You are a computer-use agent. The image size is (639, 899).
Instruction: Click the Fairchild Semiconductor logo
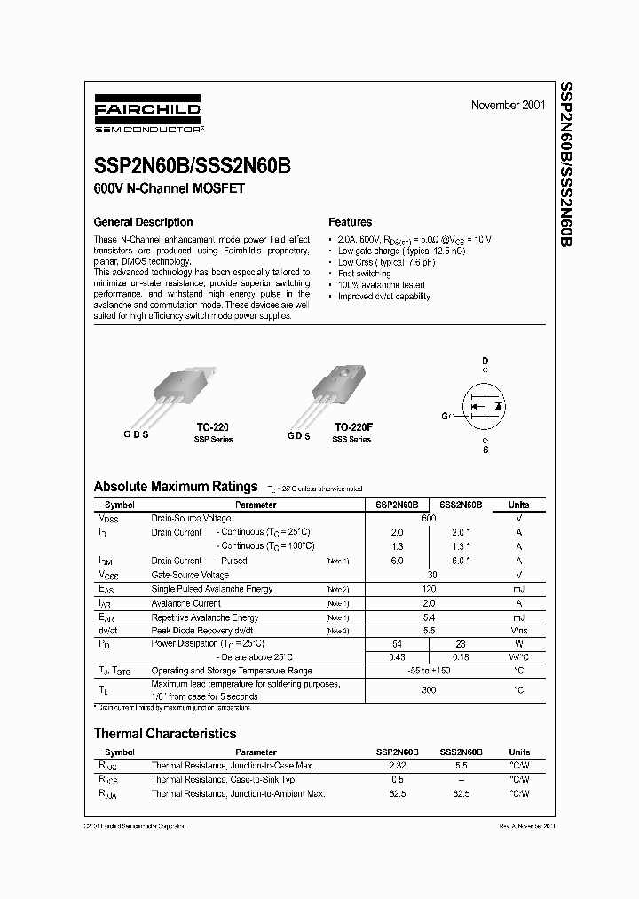tap(148, 116)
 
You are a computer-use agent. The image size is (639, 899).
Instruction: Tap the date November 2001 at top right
tap(508, 106)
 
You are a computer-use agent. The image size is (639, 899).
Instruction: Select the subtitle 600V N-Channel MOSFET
tap(169, 188)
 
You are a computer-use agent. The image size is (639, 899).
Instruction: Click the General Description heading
tap(143, 222)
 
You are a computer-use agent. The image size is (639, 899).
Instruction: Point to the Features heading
tap(350, 222)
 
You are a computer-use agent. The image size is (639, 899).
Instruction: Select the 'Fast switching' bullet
tap(365, 274)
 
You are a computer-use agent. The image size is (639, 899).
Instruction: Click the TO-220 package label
tap(212, 427)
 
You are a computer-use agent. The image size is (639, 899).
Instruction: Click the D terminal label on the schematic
tap(485, 360)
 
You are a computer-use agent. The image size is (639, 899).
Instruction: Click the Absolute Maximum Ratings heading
tap(176, 487)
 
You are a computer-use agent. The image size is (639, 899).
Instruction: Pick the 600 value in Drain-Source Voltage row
tap(429, 518)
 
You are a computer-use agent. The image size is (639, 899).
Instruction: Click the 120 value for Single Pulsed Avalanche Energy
tap(429, 589)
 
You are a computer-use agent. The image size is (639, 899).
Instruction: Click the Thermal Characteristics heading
tap(165, 734)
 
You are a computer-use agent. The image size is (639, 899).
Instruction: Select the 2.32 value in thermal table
tap(396, 765)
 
